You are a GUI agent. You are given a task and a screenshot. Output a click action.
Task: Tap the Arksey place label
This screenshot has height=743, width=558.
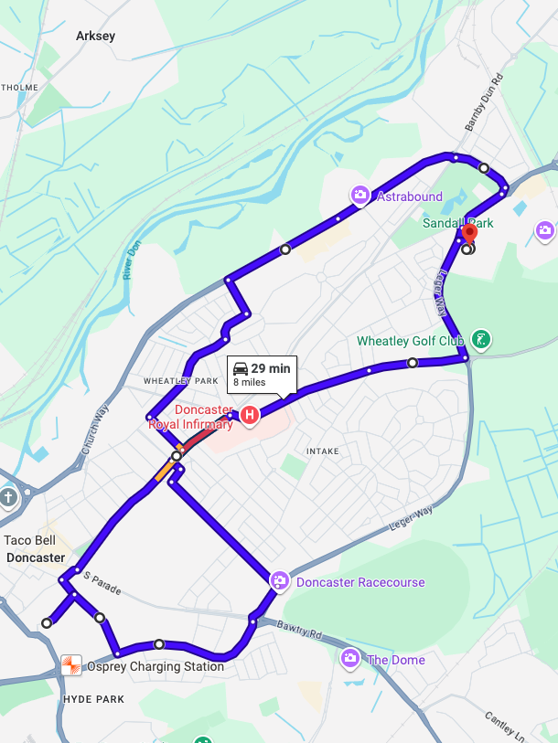click(x=96, y=36)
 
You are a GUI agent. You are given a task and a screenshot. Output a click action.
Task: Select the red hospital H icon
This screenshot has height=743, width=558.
click(x=248, y=416)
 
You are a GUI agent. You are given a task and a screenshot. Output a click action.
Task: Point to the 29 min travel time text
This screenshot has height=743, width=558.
click(x=271, y=368)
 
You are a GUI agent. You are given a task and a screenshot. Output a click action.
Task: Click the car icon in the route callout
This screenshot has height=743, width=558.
click(x=241, y=368)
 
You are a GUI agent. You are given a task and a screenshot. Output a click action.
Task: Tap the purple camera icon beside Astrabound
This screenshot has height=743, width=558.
click(x=360, y=195)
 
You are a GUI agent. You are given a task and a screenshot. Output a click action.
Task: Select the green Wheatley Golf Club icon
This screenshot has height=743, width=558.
click(x=480, y=341)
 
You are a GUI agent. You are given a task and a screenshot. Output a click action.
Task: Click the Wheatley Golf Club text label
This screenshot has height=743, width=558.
click(x=411, y=342)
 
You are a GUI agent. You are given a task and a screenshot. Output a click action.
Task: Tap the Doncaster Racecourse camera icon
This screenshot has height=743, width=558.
click(x=279, y=581)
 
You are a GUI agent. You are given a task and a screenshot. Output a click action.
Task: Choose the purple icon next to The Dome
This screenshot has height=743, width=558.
click(x=349, y=658)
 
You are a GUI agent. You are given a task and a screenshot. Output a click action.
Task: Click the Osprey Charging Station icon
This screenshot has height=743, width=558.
click(x=70, y=665)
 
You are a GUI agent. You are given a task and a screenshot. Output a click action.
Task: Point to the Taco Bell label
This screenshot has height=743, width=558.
click(x=29, y=541)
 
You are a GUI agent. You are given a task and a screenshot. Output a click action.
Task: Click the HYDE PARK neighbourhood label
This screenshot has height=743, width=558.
click(x=92, y=699)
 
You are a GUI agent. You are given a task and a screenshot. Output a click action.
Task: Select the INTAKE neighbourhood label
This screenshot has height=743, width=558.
click(x=323, y=451)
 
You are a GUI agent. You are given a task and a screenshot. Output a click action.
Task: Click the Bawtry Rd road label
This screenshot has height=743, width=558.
click(x=302, y=630)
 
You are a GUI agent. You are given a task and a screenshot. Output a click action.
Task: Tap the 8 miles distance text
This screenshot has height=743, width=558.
click(x=249, y=383)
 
